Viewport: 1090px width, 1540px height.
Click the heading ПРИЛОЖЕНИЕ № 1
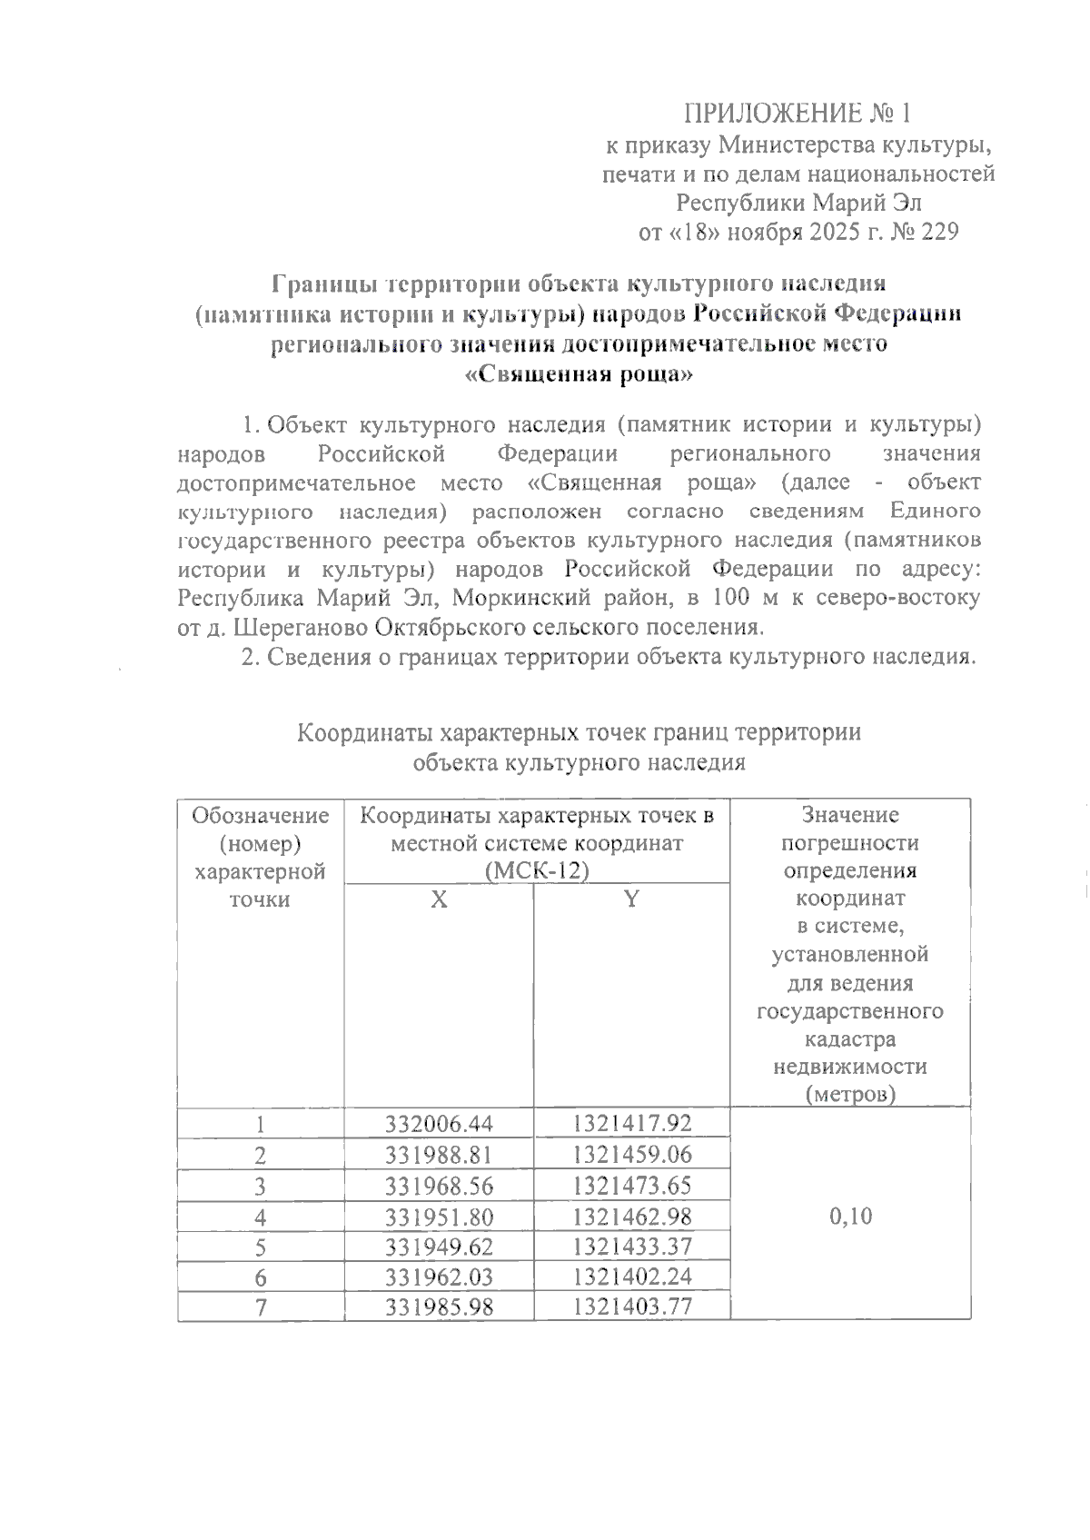point(796,114)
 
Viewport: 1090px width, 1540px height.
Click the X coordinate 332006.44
point(439,1124)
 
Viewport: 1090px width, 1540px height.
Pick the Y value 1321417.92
point(632,1124)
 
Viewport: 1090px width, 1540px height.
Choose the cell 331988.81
point(439,1155)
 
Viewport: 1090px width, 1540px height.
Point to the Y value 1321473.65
point(632,1186)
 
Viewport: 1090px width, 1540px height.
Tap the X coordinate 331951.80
point(439,1216)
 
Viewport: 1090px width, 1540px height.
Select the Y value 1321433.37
point(632,1246)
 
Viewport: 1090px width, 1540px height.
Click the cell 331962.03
point(439,1277)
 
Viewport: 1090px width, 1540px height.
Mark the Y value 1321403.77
point(632,1307)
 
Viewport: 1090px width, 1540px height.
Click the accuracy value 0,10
point(850,1216)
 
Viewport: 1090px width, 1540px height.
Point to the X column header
point(439,899)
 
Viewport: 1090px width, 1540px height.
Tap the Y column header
point(631,899)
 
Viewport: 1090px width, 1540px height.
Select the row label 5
point(261,1247)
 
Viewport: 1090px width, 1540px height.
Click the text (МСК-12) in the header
point(537,871)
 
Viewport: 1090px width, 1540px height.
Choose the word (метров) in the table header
point(850,1095)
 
